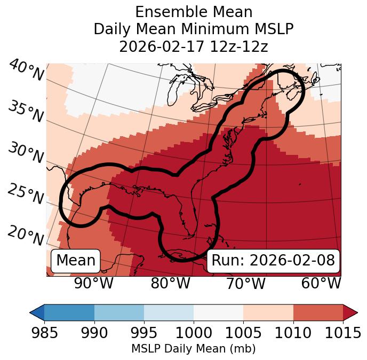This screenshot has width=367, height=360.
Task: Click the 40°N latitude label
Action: pyautogui.click(x=26, y=71)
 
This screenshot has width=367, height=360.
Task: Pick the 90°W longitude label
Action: pyautogui.click(x=93, y=283)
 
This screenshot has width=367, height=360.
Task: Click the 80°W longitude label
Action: pyautogui.click(x=170, y=283)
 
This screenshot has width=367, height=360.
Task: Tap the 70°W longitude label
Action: pyautogui.click(x=245, y=283)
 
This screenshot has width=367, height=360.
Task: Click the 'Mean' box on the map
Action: pyautogui.click(x=76, y=261)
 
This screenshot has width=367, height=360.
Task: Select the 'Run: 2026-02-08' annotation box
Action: pyautogui.click(x=273, y=261)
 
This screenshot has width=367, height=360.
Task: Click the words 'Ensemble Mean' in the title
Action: pyautogui.click(x=193, y=12)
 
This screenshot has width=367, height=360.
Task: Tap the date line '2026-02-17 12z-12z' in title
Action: pyautogui.click(x=193, y=46)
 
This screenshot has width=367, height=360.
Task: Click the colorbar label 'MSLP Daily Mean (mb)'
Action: pyautogui.click(x=193, y=349)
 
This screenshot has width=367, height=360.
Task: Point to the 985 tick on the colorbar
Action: pyautogui.click(x=45, y=333)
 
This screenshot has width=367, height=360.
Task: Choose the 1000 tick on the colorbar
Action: pyautogui.click(x=194, y=333)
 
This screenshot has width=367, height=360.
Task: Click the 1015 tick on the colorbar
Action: pyautogui.click(x=342, y=333)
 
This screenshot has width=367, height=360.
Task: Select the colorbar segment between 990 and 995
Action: pyautogui.click(x=119, y=312)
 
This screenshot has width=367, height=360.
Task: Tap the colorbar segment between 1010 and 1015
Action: pyautogui.click(x=318, y=312)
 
